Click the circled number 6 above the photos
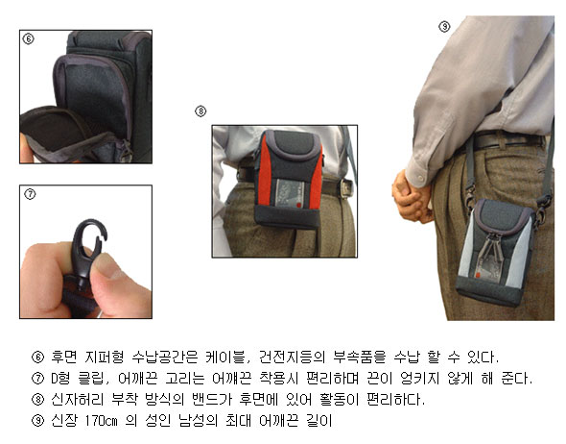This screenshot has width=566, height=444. pyautogui.click(x=29, y=38)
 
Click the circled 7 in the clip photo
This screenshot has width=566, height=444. pyautogui.click(x=30, y=194)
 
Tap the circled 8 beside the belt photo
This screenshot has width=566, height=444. pyautogui.click(x=200, y=111)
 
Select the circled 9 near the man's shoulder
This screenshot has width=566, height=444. pyautogui.click(x=444, y=26)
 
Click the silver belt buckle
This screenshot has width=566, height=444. pyautogui.click(x=346, y=188)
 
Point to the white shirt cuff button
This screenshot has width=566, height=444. pyautogui.click(x=420, y=179)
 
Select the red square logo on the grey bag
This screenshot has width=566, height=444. pyautogui.click(x=478, y=275)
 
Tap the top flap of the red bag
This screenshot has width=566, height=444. pyautogui.click(x=295, y=144)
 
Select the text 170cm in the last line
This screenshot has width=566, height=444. pyautogui.click(x=102, y=421)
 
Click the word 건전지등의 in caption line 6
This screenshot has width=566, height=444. pyautogui.click(x=292, y=357)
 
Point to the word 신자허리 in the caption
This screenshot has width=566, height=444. pyautogui.click(x=78, y=400)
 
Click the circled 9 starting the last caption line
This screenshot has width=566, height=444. pyautogui.click(x=38, y=421)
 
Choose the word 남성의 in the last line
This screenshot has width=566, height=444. pyautogui.click(x=199, y=421)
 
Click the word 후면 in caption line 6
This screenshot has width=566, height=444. pyautogui.click(x=64, y=357)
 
